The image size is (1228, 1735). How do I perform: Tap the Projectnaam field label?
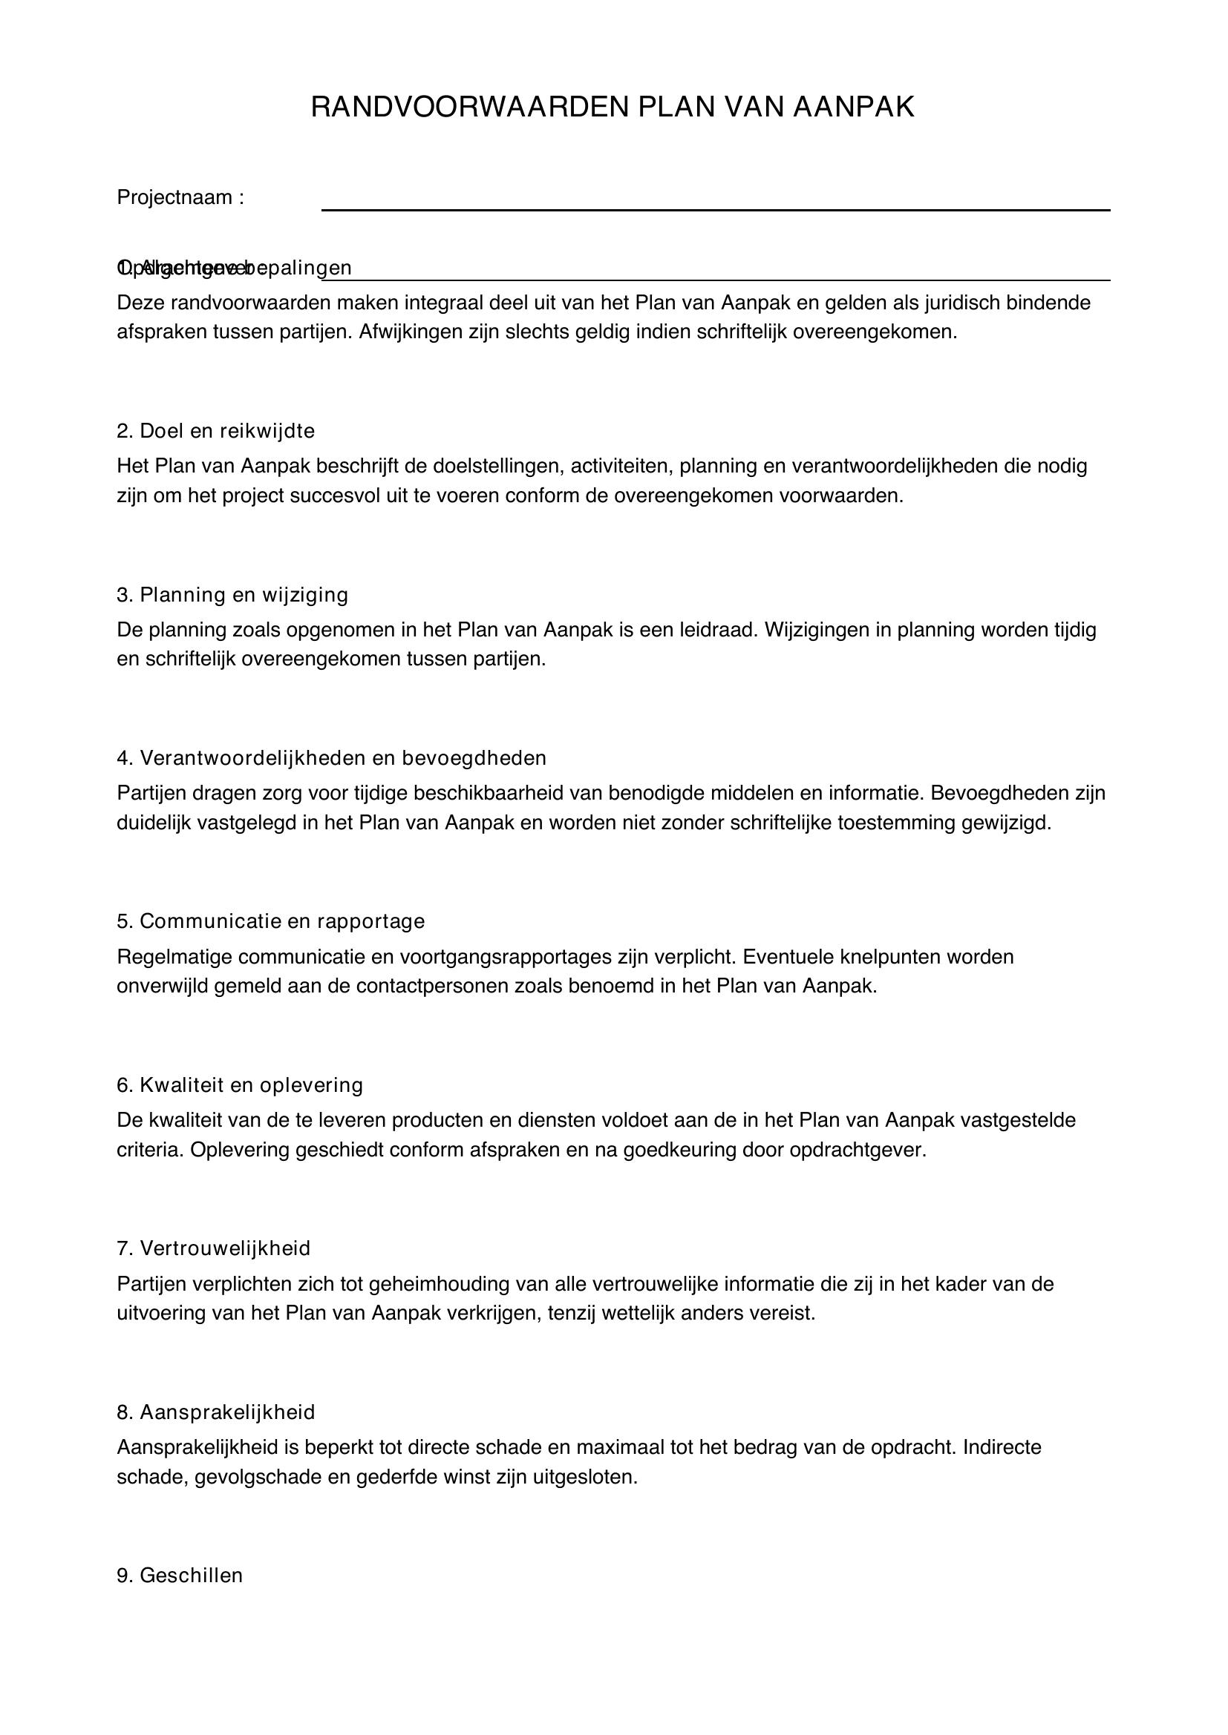[180, 198]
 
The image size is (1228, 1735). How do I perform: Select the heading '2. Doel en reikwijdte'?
[215, 432]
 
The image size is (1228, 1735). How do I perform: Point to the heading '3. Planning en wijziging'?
[232, 596]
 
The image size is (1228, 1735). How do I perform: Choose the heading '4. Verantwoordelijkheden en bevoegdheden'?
[331, 758]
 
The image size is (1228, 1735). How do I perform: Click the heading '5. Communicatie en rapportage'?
[271, 922]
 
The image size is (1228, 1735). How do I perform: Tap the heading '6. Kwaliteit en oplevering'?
[240, 1086]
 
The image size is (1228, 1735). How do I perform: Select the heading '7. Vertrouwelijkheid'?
[213, 1248]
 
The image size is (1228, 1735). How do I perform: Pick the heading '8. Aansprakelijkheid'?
[215, 1412]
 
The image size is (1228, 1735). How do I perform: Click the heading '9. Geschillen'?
[179, 1576]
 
